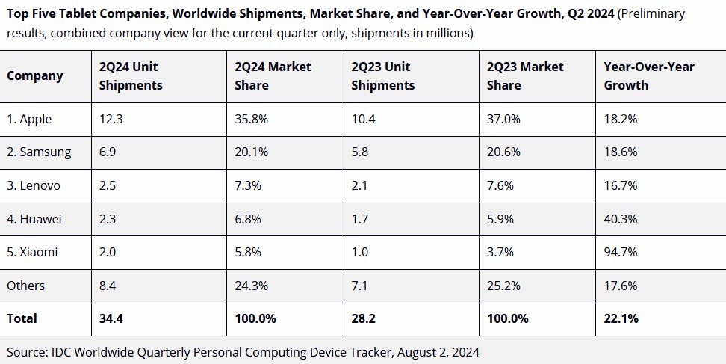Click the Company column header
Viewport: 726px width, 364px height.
tap(34, 76)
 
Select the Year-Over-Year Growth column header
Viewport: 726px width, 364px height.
tap(648, 76)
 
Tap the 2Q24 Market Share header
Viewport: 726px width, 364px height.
tap(273, 76)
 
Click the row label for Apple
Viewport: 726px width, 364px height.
tap(29, 120)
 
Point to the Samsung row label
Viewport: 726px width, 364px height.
tap(39, 152)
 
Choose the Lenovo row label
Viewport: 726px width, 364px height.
tap(34, 185)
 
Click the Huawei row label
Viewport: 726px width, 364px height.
tap(34, 219)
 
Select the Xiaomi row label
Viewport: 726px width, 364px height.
tap(32, 253)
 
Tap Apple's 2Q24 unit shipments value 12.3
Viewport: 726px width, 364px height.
tap(111, 119)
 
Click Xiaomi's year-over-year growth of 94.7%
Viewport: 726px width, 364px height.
tap(621, 253)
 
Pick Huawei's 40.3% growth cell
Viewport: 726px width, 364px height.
tap(621, 219)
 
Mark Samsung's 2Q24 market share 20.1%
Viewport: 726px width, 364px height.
tap(251, 152)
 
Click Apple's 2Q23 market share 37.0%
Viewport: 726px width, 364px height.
tap(503, 119)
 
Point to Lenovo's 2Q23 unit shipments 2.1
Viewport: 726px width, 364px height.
tap(359, 185)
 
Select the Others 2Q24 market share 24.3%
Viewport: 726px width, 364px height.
tap(251, 286)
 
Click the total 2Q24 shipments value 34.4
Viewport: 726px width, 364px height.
tap(111, 318)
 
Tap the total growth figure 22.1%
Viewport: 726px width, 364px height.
tap(621, 318)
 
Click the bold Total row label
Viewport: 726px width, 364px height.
tap(22, 318)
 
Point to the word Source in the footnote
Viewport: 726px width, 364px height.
tap(27, 353)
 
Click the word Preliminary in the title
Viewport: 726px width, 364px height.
tap(651, 14)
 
